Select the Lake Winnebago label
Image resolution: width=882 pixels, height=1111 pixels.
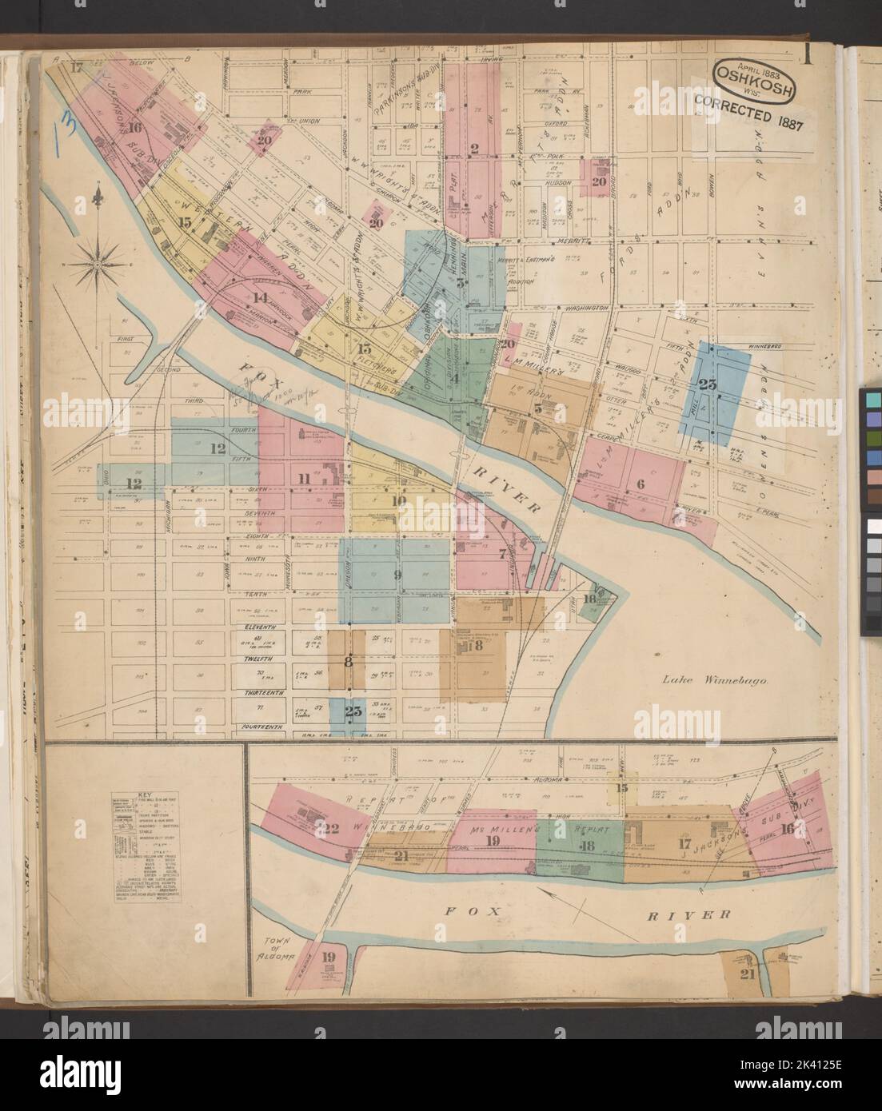(715, 681)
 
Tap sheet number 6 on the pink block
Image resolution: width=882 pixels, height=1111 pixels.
(640, 483)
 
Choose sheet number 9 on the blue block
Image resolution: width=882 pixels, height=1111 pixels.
(397, 574)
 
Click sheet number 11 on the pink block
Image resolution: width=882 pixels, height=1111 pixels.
(304, 478)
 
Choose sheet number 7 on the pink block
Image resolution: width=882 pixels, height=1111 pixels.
(502, 553)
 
